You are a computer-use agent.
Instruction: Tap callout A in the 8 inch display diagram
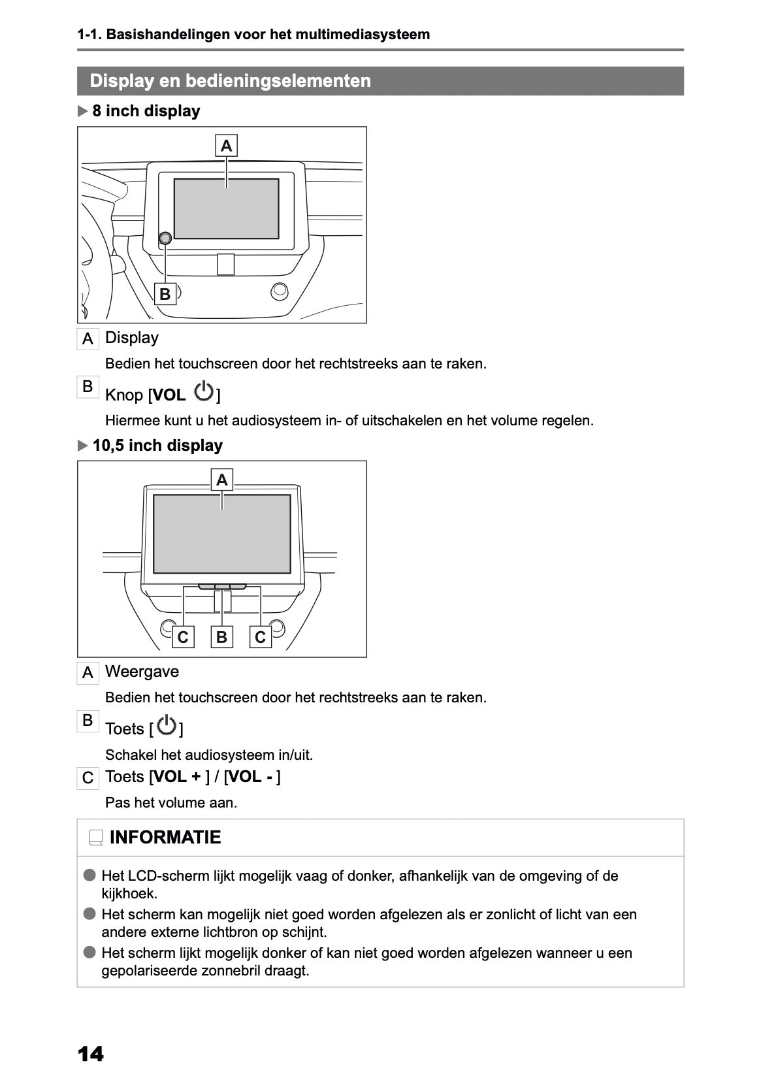pyautogui.click(x=226, y=146)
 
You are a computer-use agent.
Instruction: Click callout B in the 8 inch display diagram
pyautogui.click(x=165, y=294)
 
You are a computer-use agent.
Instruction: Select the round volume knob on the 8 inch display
pyautogui.click(x=165, y=238)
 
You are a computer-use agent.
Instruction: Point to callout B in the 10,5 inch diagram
pyautogui.click(x=222, y=636)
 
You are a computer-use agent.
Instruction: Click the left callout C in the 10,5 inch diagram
pyautogui.click(x=183, y=636)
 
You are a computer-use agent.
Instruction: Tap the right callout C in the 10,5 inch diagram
pyautogui.click(x=261, y=636)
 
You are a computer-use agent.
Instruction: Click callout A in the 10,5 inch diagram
pyautogui.click(x=222, y=480)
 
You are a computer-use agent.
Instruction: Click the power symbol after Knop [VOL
pyautogui.click(x=204, y=392)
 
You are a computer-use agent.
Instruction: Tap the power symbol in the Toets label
pyautogui.click(x=167, y=726)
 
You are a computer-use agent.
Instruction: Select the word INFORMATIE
pyautogui.click(x=165, y=838)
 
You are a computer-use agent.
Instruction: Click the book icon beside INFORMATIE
pyautogui.click(x=96, y=838)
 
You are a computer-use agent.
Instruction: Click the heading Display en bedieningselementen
pyautogui.click(x=230, y=81)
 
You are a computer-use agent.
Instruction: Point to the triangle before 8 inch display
pyautogui.click(x=82, y=111)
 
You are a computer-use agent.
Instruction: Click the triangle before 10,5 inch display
pyautogui.click(x=82, y=446)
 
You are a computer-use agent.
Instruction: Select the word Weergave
pyautogui.click(x=142, y=672)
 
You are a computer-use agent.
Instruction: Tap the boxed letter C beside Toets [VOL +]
pyautogui.click(x=88, y=778)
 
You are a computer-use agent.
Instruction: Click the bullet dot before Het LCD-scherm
pyautogui.click(x=89, y=875)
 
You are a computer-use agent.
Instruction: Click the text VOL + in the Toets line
pyautogui.click(x=177, y=777)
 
